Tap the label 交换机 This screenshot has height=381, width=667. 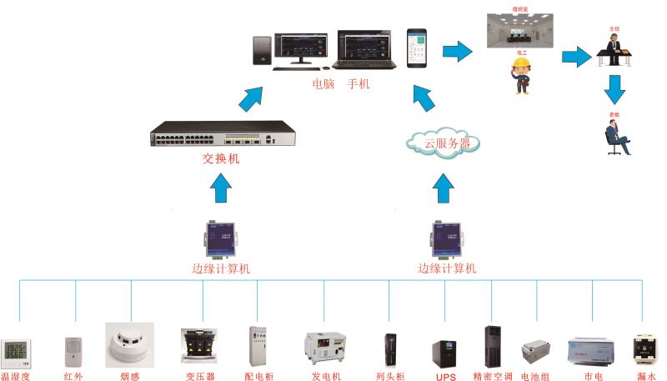(221, 158)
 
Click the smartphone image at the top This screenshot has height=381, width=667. (416, 50)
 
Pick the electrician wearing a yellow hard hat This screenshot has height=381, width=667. (522, 74)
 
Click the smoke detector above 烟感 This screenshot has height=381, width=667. (129, 343)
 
